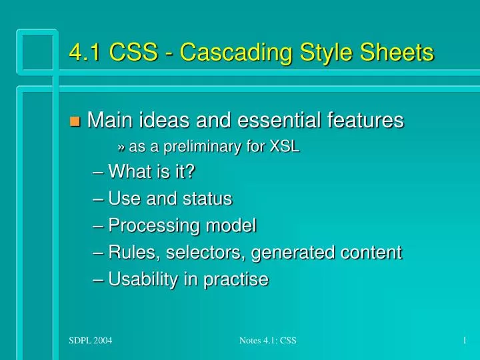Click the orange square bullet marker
point(75,121)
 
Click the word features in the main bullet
point(369,120)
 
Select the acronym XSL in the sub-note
point(284,147)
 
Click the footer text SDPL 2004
point(91,341)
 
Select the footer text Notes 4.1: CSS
point(267,341)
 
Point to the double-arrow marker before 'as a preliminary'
point(121,148)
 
